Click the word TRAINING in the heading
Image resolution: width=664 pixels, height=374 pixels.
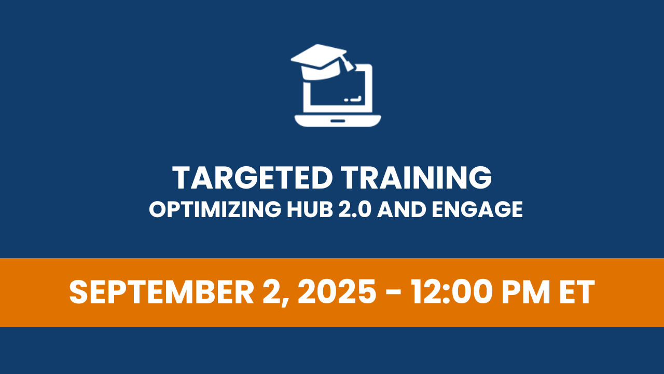tap(416, 178)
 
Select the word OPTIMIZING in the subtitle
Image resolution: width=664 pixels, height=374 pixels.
tap(215, 209)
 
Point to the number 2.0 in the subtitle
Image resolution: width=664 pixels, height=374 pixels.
tap(355, 209)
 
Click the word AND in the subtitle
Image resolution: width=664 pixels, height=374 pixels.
tap(402, 209)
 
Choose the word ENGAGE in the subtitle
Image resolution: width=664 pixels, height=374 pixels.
tap(477, 209)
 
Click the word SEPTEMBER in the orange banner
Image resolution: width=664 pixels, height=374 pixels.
tap(161, 292)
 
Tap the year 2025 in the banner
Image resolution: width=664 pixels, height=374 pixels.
tap(337, 292)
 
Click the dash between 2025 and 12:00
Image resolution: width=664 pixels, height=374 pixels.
tap(394, 294)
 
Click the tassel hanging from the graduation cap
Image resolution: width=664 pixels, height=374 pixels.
tap(348, 63)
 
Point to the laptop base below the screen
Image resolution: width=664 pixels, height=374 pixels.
tap(338, 121)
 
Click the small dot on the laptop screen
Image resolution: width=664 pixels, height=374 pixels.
tap(346, 100)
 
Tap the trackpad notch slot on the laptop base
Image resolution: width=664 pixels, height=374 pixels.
tap(338, 121)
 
